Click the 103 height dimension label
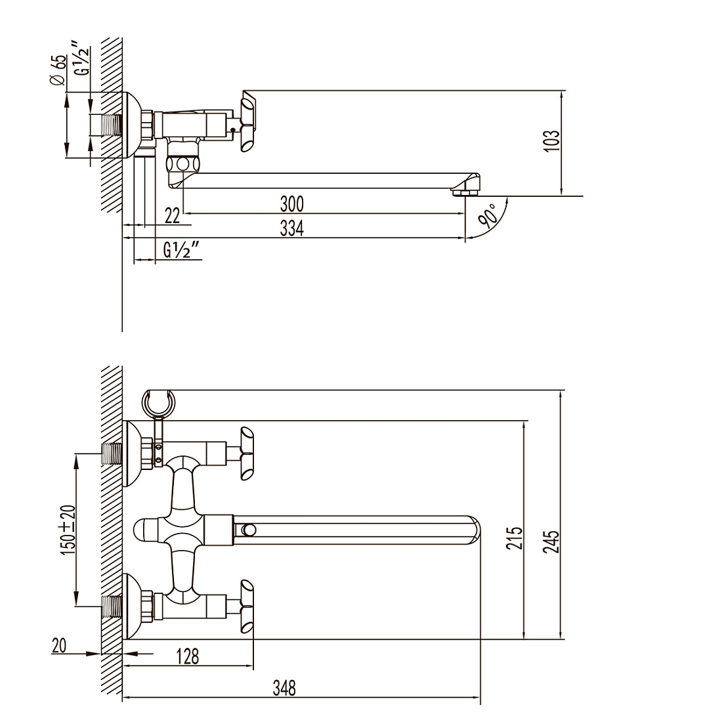(x=553, y=140)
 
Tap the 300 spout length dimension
(x=292, y=203)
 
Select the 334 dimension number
(x=292, y=228)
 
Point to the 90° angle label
(x=488, y=217)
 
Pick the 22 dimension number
(x=172, y=215)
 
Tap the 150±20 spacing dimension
(x=68, y=530)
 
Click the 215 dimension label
(x=515, y=538)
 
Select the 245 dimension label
(x=551, y=541)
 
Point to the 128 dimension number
(x=188, y=656)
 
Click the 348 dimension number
(x=284, y=689)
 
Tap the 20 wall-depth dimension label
(x=59, y=646)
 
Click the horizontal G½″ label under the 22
(x=182, y=250)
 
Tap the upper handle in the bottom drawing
(x=246, y=454)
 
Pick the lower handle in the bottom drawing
(x=246, y=606)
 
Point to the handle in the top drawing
(x=247, y=121)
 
